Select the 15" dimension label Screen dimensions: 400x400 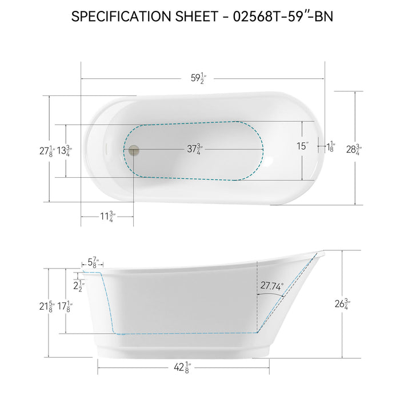(x=303, y=146)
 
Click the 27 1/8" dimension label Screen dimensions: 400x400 (x=47, y=151)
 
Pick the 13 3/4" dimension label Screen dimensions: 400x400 (x=65, y=151)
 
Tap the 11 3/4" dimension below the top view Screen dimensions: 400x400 (x=107, y=217)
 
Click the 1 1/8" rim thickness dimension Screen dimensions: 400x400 (x=331, y=147)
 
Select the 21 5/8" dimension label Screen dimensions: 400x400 (x=47, y=306)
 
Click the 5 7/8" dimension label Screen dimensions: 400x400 (x=91, y=263)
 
